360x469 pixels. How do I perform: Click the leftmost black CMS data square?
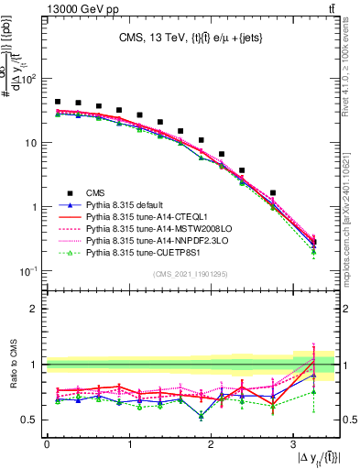point(58,102)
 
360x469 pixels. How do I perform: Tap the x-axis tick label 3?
point(292,443)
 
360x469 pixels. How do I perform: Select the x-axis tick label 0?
point(47,443)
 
